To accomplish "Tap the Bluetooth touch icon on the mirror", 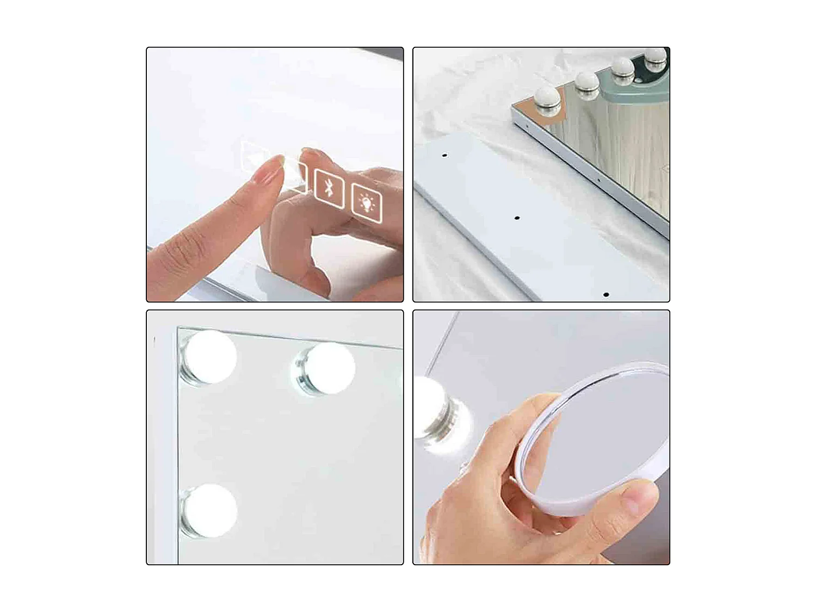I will (329, 188).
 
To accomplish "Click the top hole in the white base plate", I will (444, 156).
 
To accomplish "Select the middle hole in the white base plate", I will (517, 218).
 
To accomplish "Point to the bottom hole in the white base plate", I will (606, 295).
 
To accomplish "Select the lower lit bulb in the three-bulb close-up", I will (209, 511).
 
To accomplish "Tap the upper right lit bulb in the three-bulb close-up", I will (326, 368).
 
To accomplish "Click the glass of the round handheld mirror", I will (598, 430).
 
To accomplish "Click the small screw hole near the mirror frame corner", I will (526, 127).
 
